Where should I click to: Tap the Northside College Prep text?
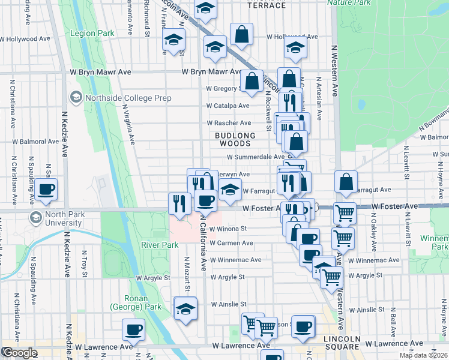click(x=128, y=98)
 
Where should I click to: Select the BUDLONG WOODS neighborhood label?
click(x=235, y=140)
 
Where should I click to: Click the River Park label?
click(x=160, y=245)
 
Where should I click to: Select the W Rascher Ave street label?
click(x=228, y=123)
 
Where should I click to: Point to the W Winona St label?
click(x=228, y=229)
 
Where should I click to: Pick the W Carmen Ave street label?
click(x=232, y=243)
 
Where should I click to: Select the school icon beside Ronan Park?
click(x=185, y=310)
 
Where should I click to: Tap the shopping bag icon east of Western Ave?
click(x=346, y=182)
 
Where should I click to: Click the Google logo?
click(x=19, y=353)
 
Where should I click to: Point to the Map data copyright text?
click(x=423, y=355)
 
